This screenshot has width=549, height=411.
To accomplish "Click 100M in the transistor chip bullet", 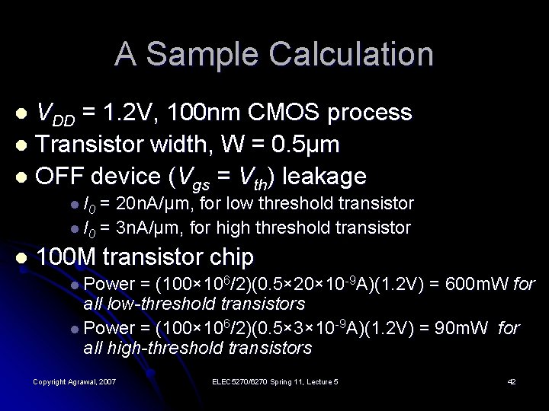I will click(x=66, y=255).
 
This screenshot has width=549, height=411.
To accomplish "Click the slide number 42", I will click(x=511, y=381).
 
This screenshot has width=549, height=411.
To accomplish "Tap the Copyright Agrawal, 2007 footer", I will click(x=74, y=381).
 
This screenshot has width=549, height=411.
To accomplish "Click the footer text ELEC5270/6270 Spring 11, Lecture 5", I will click(x=275, y=381).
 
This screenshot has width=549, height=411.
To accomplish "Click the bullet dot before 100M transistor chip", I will click(x=21, y=256).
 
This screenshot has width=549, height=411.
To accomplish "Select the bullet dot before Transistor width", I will click(x=21, y=145).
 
